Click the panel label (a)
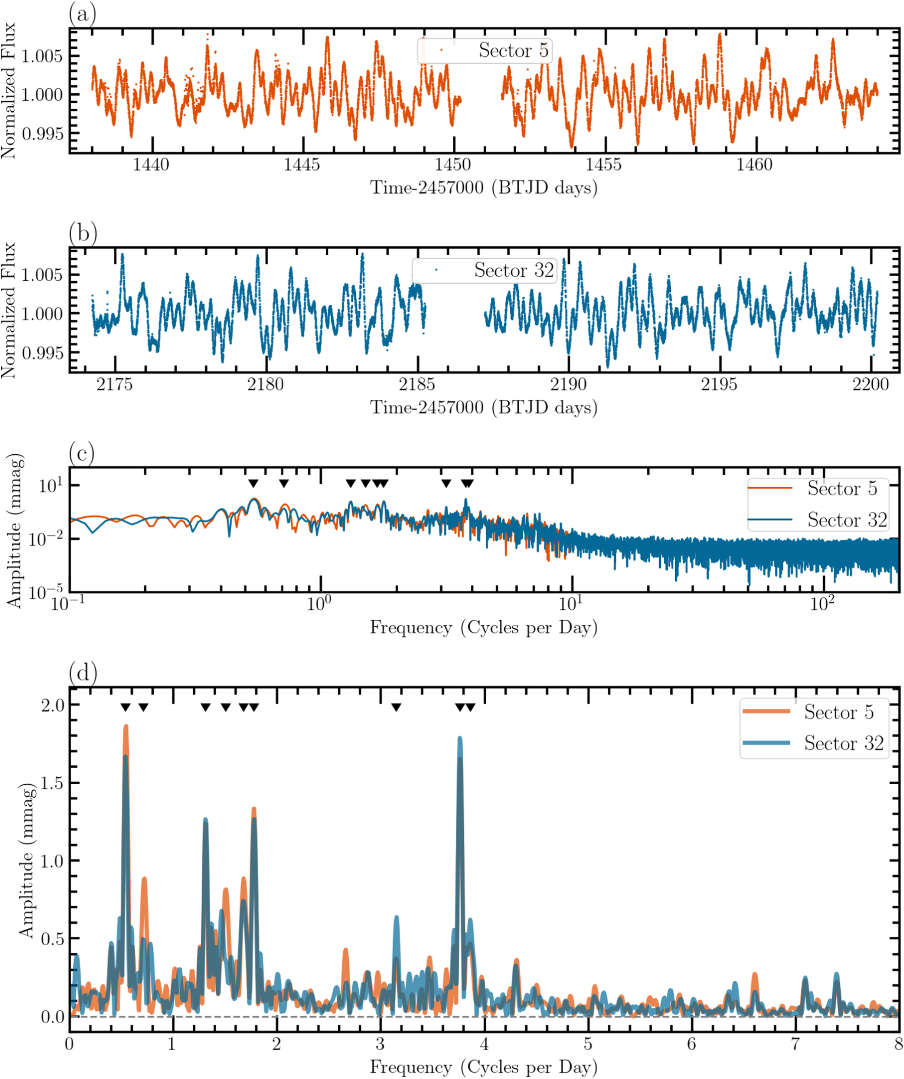[x=82, y=14]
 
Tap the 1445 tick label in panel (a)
[x=302, y=165]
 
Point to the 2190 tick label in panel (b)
[x=568, y=384]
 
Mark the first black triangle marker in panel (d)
[x=125, y=708]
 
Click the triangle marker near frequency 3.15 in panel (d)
[x=396, y=708]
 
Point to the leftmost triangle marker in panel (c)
[x=253, y=483]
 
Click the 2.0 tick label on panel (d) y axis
[x=53, y=705]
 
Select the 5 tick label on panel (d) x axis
[x=587, y=1044]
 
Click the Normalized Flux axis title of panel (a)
[x=9, y=90]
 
